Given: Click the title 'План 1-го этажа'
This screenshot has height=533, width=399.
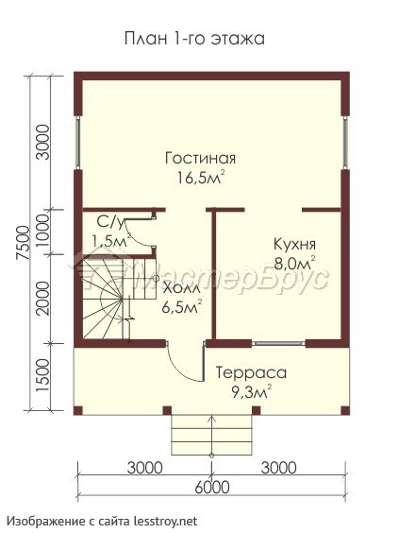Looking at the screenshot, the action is pos(194,39).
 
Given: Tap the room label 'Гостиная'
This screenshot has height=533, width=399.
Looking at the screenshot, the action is pos(200,159).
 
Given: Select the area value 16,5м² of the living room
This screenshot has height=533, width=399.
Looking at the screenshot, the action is pos(202,178).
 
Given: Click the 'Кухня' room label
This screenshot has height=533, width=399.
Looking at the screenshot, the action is pos(294,244).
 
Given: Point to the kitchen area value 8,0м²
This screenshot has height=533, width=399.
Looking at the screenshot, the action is pos(295,263).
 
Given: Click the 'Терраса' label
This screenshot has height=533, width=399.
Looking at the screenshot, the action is pos(252,372).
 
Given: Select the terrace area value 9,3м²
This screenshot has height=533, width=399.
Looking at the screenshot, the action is pos(252,391).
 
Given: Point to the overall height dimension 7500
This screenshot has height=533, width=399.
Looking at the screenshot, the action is pos(25,244).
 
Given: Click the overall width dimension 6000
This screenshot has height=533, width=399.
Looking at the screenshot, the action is pos(212,488).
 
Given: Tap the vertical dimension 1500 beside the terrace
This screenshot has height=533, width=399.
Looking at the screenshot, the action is pos(43,374).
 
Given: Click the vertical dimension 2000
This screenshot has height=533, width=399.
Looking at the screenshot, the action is pos(43,299).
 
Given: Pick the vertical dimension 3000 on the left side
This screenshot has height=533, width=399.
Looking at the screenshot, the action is pos(43,142).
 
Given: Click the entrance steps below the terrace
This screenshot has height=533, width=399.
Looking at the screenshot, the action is pos(212,435).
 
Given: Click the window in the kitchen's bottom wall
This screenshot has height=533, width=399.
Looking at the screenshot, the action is pos(278,343).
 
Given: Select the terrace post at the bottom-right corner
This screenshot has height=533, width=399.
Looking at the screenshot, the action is pos(345,410).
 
